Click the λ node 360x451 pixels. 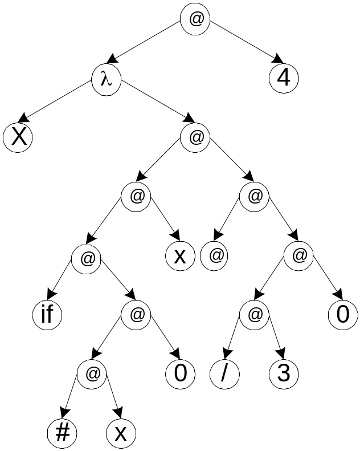pyautogui.click(x=106, y=79)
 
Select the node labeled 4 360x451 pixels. pyautogui.click(x=284, y=79)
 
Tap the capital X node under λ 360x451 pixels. pyautogui.click(x=17, y=138)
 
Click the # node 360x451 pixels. pyautogui.click(x=62, y=434)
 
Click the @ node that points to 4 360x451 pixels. pyautogui.click(x=195, y=19)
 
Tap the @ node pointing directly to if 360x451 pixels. pyautogui.click(x=87, y=258)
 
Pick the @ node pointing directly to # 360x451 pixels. pyautogui.click(x=92, y=373)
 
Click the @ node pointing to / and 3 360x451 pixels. pyautogui.click(x=254, y=314)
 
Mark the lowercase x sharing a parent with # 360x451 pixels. pyautogui.click(x=121, y=434)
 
